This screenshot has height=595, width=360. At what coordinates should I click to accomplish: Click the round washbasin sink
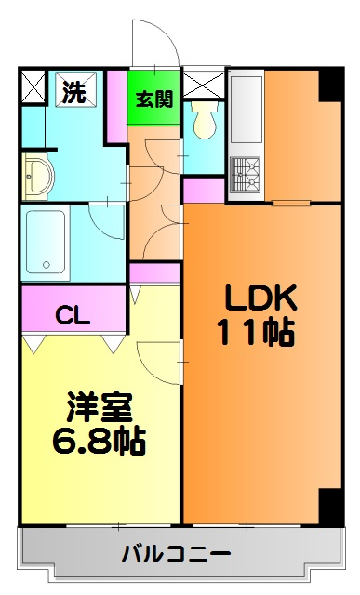37,174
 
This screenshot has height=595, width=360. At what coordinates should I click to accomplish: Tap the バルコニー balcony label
177,555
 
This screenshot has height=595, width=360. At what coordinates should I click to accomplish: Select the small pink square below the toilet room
204,190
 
